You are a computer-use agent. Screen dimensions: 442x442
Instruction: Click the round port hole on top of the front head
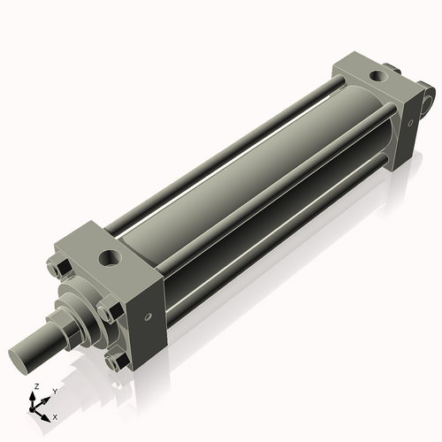[x=110, y=257]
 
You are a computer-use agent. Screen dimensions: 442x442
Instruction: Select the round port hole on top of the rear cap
[x=380, y=77]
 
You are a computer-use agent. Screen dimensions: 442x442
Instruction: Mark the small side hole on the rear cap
[x=409, y=121]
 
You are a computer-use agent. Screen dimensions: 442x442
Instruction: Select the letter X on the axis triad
[x=55, y=415]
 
